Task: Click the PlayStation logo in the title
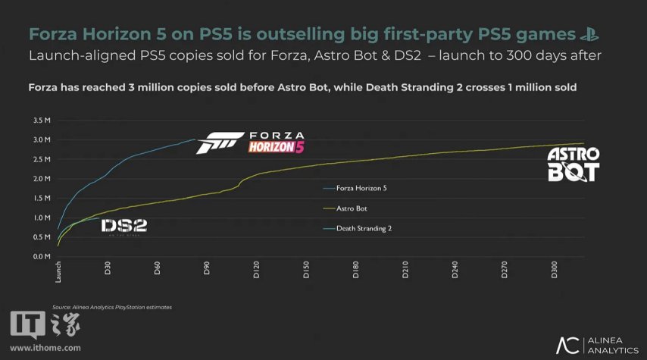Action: coord(589,33)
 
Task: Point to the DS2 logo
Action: coord(124,225)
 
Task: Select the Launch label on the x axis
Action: coord(58,272)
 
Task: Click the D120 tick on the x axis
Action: coord(256,271)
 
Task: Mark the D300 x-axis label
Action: coord(554,271)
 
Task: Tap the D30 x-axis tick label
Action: coord(108,270)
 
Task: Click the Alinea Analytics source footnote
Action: coord(112,307)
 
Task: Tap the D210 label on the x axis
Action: coord(405,271)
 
